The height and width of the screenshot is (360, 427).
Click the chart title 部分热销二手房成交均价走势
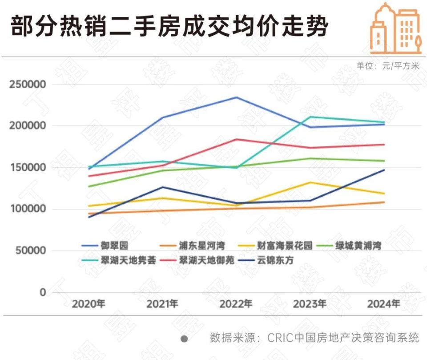[169, 28]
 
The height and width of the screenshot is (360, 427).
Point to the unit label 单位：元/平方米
[387, 66]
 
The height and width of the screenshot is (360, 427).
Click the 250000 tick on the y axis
[28, 85]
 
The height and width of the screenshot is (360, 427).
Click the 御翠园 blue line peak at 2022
[236, 97]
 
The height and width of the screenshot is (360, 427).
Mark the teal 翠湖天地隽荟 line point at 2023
[310, 117]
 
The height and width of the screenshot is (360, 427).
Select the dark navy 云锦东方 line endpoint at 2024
[384, 170]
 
